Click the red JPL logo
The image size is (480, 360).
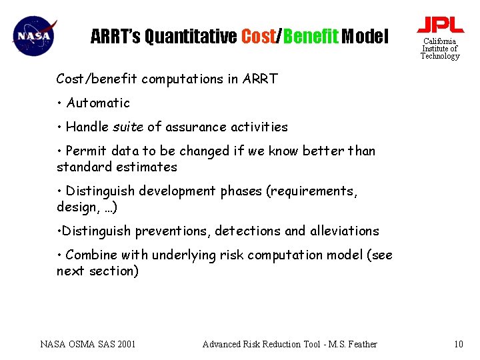pos(440,25)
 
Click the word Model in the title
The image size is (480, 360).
pos(365,36)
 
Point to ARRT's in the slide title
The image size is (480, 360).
pos(115,36)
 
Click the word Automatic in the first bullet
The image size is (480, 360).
pos(98,103)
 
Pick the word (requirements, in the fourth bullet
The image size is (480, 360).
pos(312,191)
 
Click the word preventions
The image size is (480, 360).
pos(173,231)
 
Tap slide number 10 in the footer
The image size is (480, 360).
pos(458,344)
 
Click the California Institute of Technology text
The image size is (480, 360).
pos(440,49)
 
